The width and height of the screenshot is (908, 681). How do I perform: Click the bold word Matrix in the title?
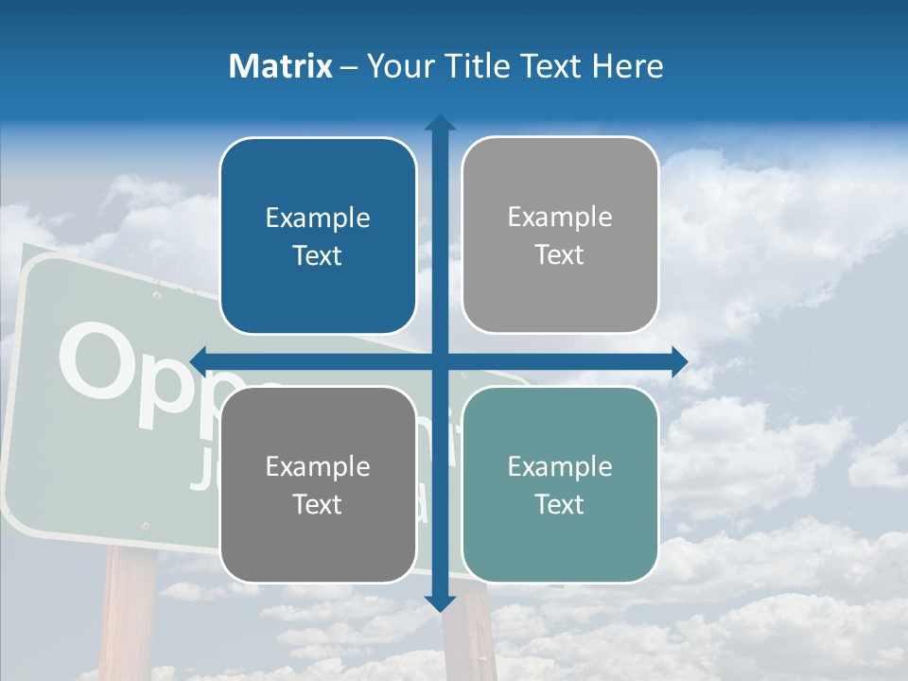(x=280, y=66)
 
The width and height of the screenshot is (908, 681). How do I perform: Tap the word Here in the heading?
(x=628, y=66)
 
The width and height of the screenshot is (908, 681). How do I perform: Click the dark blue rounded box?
(x=318, y=236)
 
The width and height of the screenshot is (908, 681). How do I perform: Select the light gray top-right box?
(x=560, y=236)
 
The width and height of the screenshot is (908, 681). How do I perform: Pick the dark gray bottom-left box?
(x=318, y=485)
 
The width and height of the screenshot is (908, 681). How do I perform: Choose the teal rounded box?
(x=560, y=485)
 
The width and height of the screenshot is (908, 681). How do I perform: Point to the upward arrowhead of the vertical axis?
(x=440, y=123)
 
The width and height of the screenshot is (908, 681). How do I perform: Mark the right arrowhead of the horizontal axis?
(x=679, y=360)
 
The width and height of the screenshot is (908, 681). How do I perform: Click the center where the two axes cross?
(x=440, y=360)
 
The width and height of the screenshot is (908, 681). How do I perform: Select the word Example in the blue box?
(x=318, y=218)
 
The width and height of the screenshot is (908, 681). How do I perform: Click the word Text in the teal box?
(x=560, y=504)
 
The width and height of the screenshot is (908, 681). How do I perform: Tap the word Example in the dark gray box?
(x=318, y=467)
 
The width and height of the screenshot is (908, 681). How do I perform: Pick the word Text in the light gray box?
(x=560, y=254)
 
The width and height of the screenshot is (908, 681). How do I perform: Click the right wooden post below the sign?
(x=469, y=643)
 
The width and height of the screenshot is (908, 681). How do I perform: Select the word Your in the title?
(x=396, y=66)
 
